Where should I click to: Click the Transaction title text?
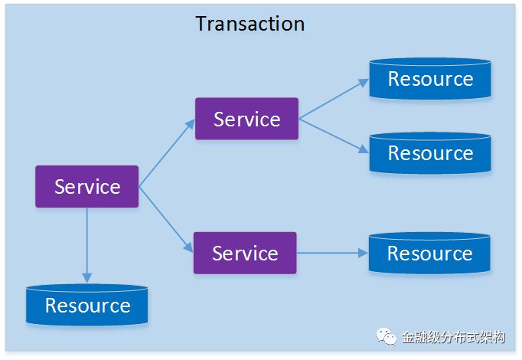click(250, 24)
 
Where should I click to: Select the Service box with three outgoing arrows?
click(86, 186)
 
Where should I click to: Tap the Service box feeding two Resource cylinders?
click(246, 119)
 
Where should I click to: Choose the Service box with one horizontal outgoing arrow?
click(244, 253)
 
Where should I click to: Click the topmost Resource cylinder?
click(430, 79)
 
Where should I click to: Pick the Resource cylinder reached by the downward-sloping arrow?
click(430, 153)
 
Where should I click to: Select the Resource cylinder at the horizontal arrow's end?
click(429, 254)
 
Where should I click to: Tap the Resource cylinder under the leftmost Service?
click(87, 306)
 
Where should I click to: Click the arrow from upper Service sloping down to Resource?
click(333, 135)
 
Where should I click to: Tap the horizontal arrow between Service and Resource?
click(331, 253)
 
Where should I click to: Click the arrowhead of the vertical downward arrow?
click(86, 277)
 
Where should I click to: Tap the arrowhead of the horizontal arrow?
click(361, 253)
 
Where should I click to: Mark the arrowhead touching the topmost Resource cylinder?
click(364, 82)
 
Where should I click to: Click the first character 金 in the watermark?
click(408, 338)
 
